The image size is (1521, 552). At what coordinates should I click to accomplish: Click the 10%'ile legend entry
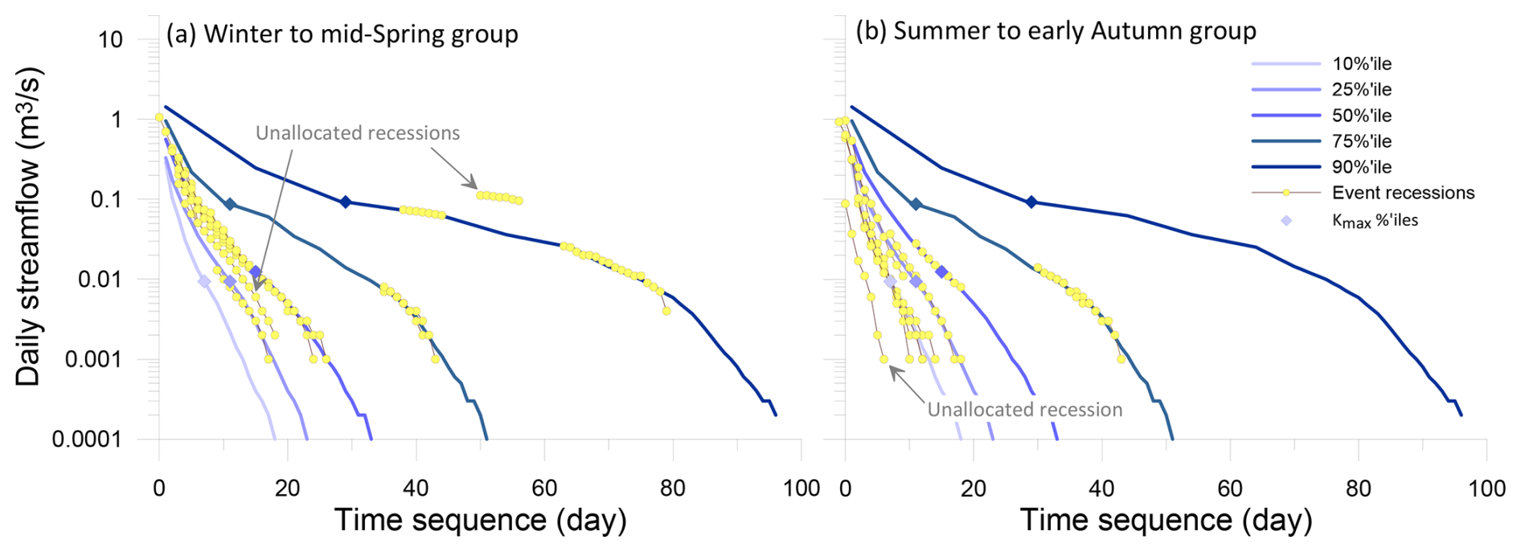tap(1361, 64)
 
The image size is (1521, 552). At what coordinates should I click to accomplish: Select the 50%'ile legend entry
tap(1361, 116)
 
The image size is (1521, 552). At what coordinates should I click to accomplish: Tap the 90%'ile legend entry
tap(1361, 167)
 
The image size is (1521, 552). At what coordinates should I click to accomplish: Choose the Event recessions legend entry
tap(1403, 193)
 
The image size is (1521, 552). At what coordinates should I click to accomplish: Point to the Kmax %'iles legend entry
tap(1375, 220)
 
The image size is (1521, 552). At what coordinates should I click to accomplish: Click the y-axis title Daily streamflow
tap(28, 227)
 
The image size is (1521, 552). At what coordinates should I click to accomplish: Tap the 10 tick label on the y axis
tap(110, 39)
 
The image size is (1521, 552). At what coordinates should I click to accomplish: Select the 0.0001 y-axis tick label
tap(87, 440)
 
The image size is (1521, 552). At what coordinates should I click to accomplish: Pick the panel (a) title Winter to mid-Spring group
tap(342, 35)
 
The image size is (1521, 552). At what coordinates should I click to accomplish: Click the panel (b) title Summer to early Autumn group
tap(1056, 31)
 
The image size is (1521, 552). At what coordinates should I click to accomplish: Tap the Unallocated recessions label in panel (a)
tap(358, 133)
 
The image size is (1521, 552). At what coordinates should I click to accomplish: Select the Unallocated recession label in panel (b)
tap(1025, 410)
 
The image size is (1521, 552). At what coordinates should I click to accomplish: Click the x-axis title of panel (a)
tap(480, 520)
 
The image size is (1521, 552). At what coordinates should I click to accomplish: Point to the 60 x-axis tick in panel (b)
tap(1230, 489)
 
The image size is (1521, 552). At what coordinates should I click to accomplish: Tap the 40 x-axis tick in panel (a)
tap(416, 489)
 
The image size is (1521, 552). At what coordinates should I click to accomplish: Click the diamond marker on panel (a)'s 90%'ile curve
tap(346, 202)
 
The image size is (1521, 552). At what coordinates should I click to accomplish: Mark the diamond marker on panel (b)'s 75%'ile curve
tap(916, 205)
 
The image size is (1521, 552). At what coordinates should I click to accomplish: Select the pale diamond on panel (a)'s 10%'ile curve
tap(204, 282)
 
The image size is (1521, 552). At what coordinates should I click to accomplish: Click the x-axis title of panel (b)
tap(1166, 520)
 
